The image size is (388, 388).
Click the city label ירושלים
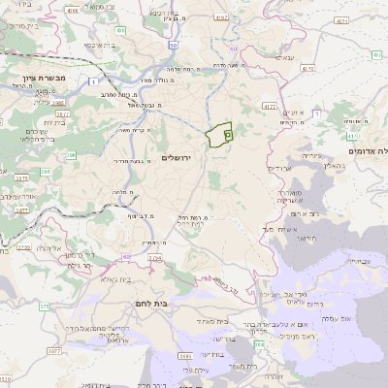coord(177,156)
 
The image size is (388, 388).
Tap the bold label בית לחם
coord(174,303)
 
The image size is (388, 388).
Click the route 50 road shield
coord(172,46)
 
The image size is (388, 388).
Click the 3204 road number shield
coord(157,258)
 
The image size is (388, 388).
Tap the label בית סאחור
coord(211,320)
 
